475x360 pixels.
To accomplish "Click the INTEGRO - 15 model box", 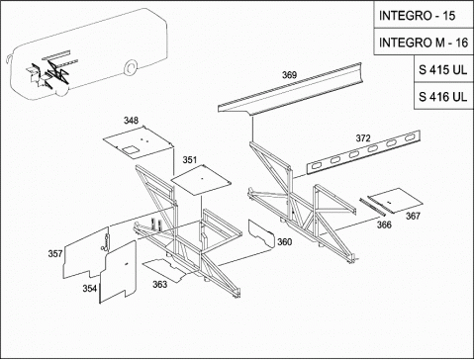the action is [424, 15].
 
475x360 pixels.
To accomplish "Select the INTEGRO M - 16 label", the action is [424, 42].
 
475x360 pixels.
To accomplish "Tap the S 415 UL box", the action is [443, 69].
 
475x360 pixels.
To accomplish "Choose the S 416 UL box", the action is [443, 96].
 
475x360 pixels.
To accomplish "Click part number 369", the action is [289, 75].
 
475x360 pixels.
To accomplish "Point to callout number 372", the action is [363, 138].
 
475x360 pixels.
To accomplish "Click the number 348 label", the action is [131, 121].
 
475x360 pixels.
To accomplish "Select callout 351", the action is [190, 160].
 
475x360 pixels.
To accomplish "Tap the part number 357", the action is [55, 253].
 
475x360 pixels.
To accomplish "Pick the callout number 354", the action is [90, 289].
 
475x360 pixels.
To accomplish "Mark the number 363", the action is [159, 284].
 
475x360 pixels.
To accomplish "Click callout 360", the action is [284, 242].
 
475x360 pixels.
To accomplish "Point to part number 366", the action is [384, 225].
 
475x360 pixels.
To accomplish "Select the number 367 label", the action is [413, 216].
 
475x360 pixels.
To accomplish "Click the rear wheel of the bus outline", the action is [131, 67].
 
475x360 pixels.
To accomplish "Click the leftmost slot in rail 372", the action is [317, 165].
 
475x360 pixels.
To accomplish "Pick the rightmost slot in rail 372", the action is [410, 137].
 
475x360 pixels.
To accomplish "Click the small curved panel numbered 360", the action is [261, 233].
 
